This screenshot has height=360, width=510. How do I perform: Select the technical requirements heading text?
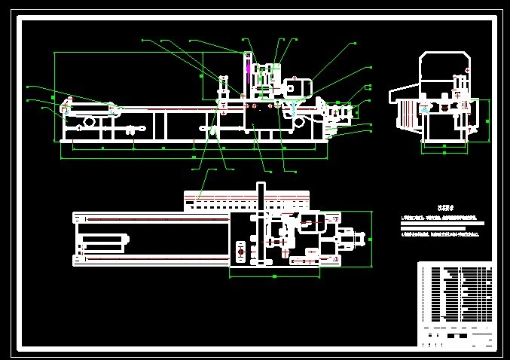click(x=429, y=208)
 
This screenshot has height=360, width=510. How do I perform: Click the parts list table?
click(x=455, y=294)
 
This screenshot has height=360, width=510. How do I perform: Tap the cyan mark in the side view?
click(x=426, y=110)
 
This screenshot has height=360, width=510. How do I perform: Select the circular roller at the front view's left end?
click(x=66, y=111)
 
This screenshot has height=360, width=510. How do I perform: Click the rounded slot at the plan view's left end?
click(x=101, y=243)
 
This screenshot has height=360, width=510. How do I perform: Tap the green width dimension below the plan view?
click(x=274, y=276)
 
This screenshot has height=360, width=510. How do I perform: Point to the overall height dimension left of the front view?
click(x=55, y=96)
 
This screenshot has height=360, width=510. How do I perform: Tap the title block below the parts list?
click(x=455, y=337)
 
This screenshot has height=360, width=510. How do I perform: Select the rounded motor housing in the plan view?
click(x=316, y=224)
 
